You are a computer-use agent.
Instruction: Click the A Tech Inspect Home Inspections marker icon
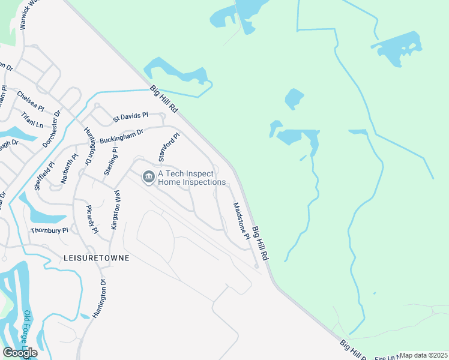click(148, 177)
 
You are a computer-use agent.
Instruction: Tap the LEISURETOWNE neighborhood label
click(96, 257)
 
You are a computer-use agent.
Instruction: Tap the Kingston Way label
click(116, 210)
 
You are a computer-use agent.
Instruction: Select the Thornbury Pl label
click(50, 230)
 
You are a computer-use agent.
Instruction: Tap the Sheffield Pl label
click(44, 176)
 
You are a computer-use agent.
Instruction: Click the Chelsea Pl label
click(31, 101)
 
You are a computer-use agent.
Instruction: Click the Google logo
click(20, 353)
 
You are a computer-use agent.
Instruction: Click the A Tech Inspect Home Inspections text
click(191, 178)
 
